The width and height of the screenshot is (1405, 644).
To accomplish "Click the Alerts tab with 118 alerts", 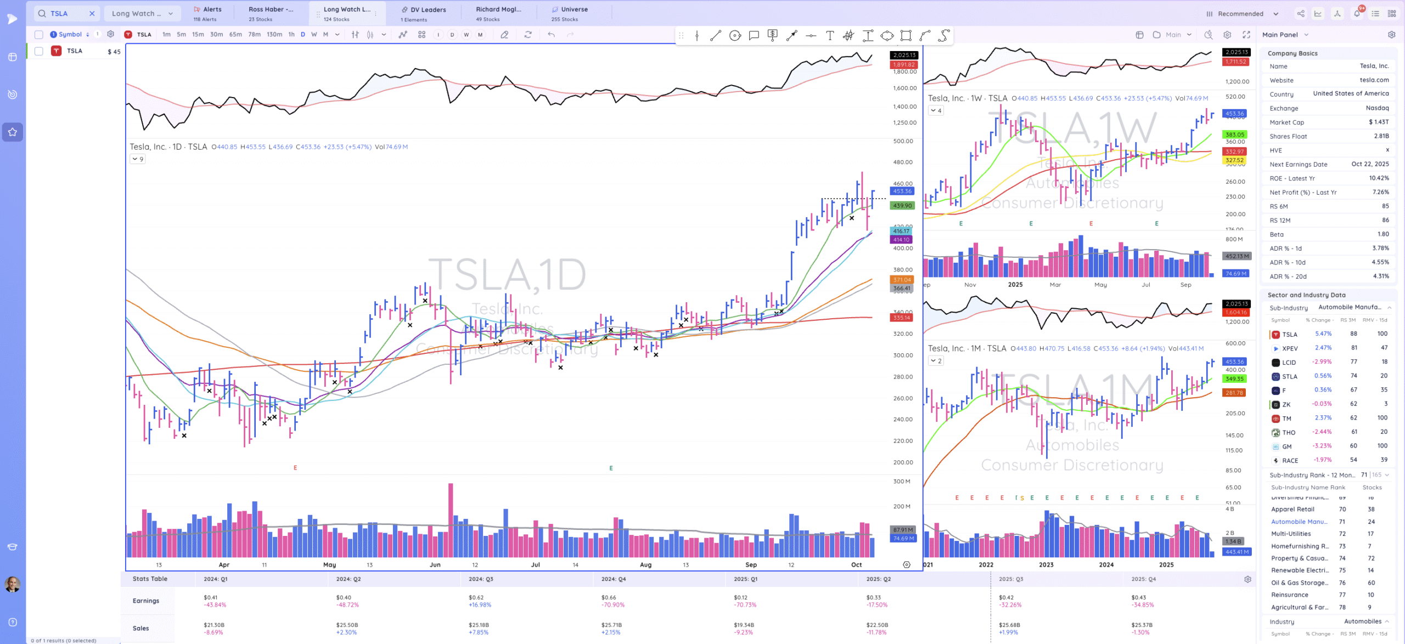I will tap(207, 14).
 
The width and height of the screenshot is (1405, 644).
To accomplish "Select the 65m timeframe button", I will tap(235, 35).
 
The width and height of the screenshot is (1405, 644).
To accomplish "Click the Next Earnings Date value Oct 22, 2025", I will tap(1370, 164).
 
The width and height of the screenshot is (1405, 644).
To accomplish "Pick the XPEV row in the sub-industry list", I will tap(1290, 348).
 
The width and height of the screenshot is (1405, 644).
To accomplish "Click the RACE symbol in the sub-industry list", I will tap(1290, 461).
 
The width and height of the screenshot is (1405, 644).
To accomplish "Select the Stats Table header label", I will tap(150, 579).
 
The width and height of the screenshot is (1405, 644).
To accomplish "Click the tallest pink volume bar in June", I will tap(451, 518).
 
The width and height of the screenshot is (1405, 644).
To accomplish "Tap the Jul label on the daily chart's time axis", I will tap(535, 564).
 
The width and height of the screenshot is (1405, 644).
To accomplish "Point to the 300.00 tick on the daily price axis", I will tap(903, 355).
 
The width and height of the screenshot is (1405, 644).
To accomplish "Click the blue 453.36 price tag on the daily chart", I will tap(902, 191).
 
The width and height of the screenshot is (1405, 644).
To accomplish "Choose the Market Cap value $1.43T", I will tap(1378, 122).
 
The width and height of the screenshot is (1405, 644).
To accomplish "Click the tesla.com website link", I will tap(1374, 80).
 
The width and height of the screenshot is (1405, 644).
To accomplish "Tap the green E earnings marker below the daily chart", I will tap(611, 468).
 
